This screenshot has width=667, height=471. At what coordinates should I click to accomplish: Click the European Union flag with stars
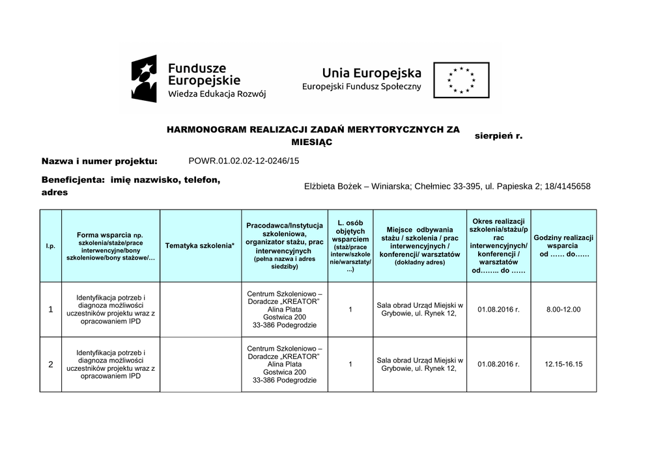[461, 80]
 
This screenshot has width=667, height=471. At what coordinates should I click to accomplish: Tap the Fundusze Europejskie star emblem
[144, 79]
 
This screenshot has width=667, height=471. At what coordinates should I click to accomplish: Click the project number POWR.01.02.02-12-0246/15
[244, 161]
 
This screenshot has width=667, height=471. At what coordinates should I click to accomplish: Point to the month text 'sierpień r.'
[498, 136]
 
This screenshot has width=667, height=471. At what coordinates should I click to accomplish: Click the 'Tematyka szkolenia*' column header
[199, 245]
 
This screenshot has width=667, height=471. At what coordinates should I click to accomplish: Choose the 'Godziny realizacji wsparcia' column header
[563, 246]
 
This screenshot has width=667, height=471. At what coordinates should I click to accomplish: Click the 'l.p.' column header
[50, 246]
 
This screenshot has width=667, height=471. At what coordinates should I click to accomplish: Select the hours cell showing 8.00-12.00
[563, 310]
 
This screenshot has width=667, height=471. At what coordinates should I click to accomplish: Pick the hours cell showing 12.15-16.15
[563, 364]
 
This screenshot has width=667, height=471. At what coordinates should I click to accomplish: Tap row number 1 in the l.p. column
[51, 310]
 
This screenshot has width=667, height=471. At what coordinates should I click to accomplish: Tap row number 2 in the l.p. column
[51, 364]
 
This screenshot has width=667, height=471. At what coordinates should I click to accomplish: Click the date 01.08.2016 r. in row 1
[498, 310]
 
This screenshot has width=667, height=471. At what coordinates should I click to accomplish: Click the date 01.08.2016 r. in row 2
[498, 364]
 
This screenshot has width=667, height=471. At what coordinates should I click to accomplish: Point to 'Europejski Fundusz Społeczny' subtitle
[362, 87]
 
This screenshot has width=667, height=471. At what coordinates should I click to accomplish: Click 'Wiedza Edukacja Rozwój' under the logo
[217, 94]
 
